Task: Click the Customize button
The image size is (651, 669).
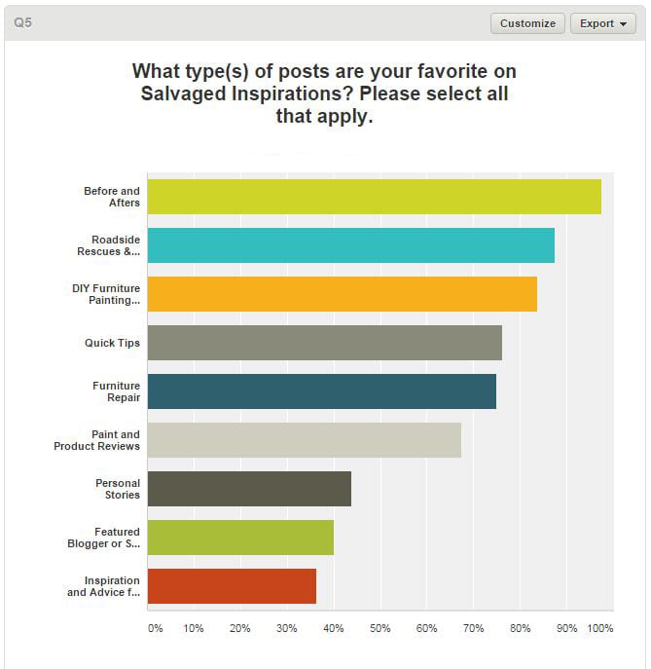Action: (x=527, y=23)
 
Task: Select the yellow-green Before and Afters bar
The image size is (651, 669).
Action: (x=374, y=197)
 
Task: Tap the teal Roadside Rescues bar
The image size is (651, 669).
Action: (x=350, y=245)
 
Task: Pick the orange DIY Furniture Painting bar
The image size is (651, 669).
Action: (x=342, y=294)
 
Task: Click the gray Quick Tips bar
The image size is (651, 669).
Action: (x=324, y=343)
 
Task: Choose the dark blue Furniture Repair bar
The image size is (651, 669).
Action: (x=321, y=391)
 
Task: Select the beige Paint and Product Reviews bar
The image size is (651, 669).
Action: (x=304, y=440)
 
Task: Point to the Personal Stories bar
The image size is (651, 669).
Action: (x=249, y=489)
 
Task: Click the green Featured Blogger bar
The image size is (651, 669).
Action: (x=240, y=538)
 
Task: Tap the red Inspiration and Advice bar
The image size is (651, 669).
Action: (x=232, y=586)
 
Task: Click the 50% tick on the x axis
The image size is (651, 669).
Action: (x=380, y=629)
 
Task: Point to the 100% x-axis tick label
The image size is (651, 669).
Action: (x=600, y=629)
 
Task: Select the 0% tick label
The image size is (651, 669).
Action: (x=156, y=629)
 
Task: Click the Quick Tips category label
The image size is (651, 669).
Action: (x=112, y=343)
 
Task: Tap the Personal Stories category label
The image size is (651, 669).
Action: (x=118, y=489)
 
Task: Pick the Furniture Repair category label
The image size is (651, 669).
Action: (x=117, y=391)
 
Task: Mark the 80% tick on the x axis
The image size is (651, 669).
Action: (x=519, y=629)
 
